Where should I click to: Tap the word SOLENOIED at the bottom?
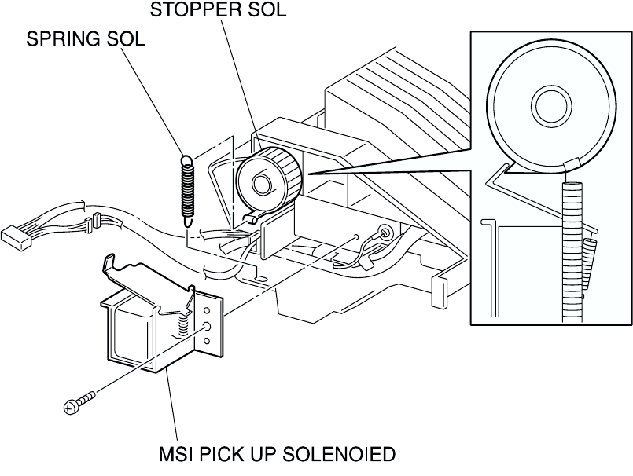339,454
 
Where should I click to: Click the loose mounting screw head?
70,408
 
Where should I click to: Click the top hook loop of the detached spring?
187,160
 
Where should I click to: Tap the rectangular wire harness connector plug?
17,236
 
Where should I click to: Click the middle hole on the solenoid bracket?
207,326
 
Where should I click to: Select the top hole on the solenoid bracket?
206,310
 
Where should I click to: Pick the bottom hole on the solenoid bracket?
207,341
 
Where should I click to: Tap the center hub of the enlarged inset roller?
551,106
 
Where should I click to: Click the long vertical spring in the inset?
572,252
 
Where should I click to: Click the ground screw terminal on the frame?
386,232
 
